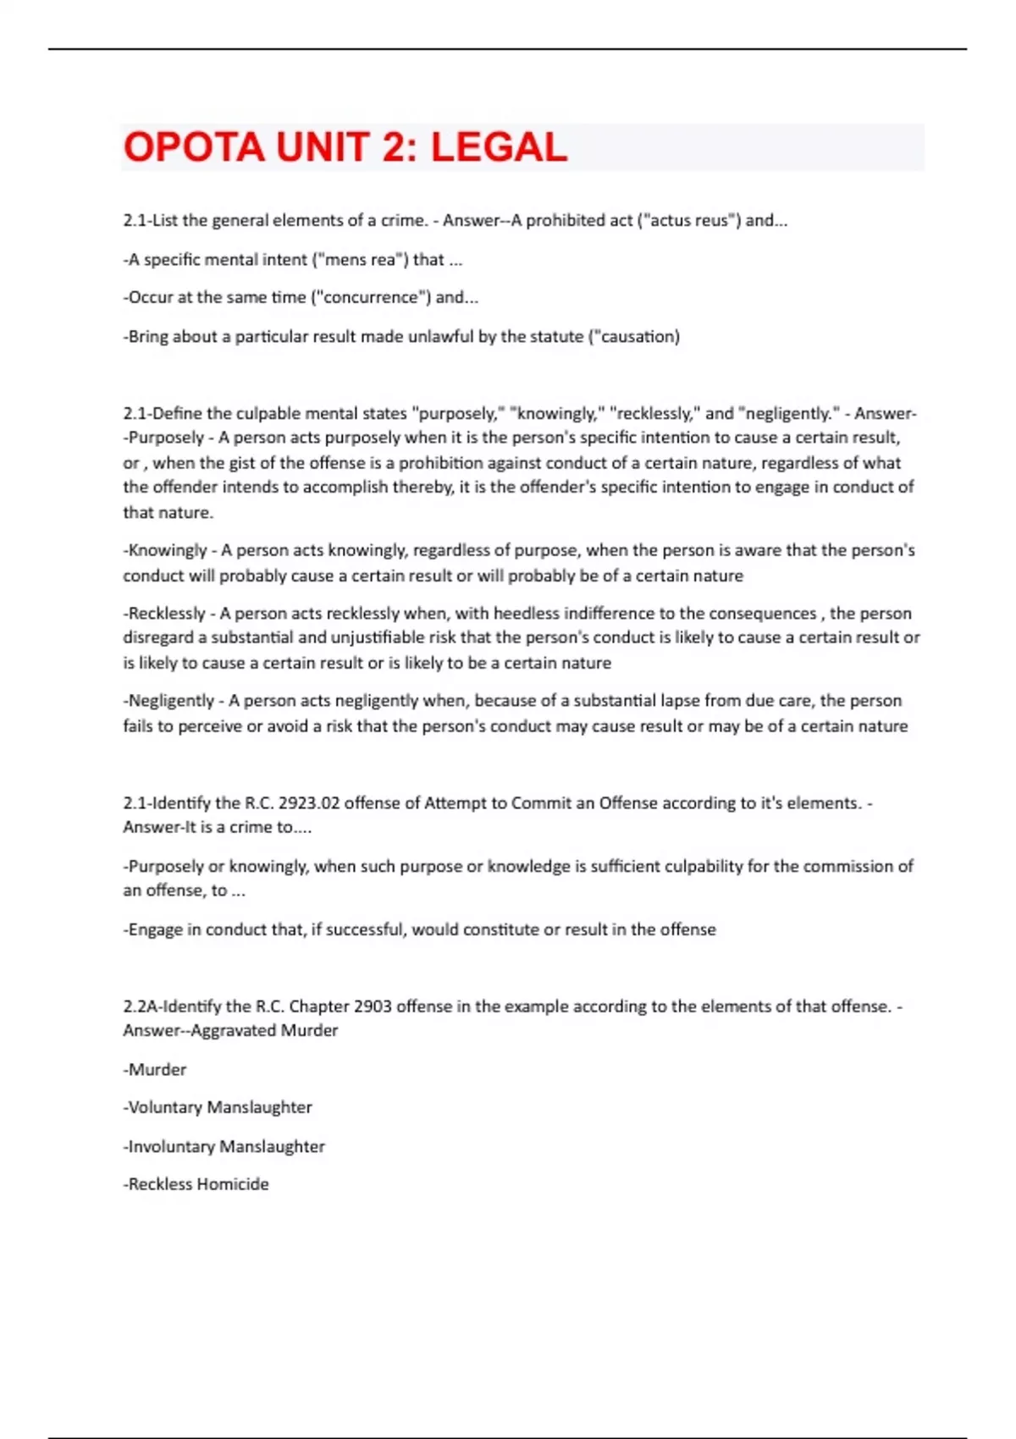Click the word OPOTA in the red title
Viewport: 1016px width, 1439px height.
(194, 147)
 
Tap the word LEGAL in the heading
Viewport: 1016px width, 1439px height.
(499, 147)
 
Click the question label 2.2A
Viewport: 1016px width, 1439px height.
(139, 1006)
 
